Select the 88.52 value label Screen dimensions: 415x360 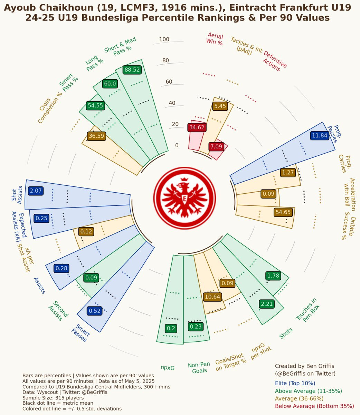(132, 70)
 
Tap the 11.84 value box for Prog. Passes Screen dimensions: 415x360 (319, 136)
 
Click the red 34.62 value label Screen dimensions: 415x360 (197, 127)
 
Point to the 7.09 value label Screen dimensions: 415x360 (216, 147)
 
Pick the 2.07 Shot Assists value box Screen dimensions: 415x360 (36, 191)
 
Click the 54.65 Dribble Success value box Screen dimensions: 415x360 (283, 212)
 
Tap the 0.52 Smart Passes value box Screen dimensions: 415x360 (95, 311)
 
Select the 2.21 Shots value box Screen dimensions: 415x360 (267, 304)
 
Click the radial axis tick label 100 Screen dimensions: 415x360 (164, 39)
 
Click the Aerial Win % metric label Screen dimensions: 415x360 (215, 39)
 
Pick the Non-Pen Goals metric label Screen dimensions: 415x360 (199, 368)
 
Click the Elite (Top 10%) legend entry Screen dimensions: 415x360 (295, 383)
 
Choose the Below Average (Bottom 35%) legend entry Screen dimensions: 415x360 (314, 406)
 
